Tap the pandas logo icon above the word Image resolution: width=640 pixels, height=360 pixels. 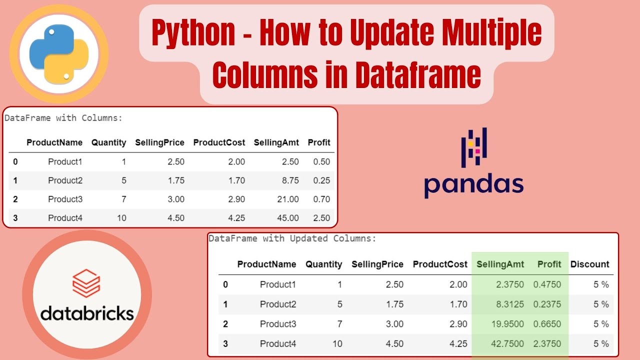[474, 147]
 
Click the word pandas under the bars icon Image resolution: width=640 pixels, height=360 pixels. [473, 184]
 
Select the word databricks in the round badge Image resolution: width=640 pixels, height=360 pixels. [87, 313]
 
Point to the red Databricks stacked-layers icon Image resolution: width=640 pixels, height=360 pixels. [86, 283]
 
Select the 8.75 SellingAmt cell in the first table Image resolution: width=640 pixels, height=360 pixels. [289, 180]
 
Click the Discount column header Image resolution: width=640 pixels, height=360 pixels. [589, 264]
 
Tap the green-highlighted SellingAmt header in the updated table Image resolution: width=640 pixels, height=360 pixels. [500, 264]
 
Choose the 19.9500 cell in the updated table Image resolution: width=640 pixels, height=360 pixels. [503, 324]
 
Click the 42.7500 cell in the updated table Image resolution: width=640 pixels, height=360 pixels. [503, 344]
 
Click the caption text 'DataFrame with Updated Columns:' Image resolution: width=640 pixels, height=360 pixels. [292, 238]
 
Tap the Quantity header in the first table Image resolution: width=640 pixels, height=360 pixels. [108, 142]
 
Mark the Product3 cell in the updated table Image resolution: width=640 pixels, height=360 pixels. [278, 324]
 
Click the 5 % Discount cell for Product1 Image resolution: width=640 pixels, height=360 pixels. [601, 284]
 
